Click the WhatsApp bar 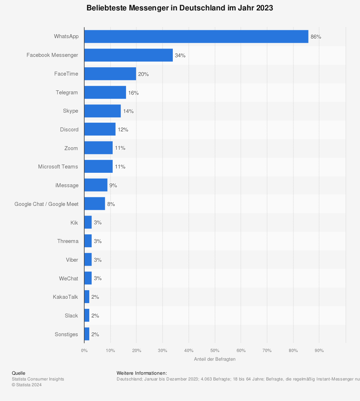tap(196, 37)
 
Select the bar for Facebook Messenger tap(129, 55)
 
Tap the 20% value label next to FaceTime tap(143, 74)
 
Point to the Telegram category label tap(67, 93)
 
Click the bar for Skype tap(103, 111)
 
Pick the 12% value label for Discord tap(123, 130)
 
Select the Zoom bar tap(98, 148)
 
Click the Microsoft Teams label tap(58, 167)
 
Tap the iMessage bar tap(96, 185)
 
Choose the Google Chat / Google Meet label tap(46, 204)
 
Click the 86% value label tap(316, 37)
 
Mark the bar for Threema tap(88, 241)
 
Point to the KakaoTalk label tap(65, 297)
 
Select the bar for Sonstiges tap(87, 334)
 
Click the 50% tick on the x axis tap(215, 351)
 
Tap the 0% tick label tap(84, 351)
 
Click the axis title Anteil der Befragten tap(215, 359)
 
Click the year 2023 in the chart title tap(265, 8)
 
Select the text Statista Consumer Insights tap(38, 379)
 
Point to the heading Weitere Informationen tap(141, 373)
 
